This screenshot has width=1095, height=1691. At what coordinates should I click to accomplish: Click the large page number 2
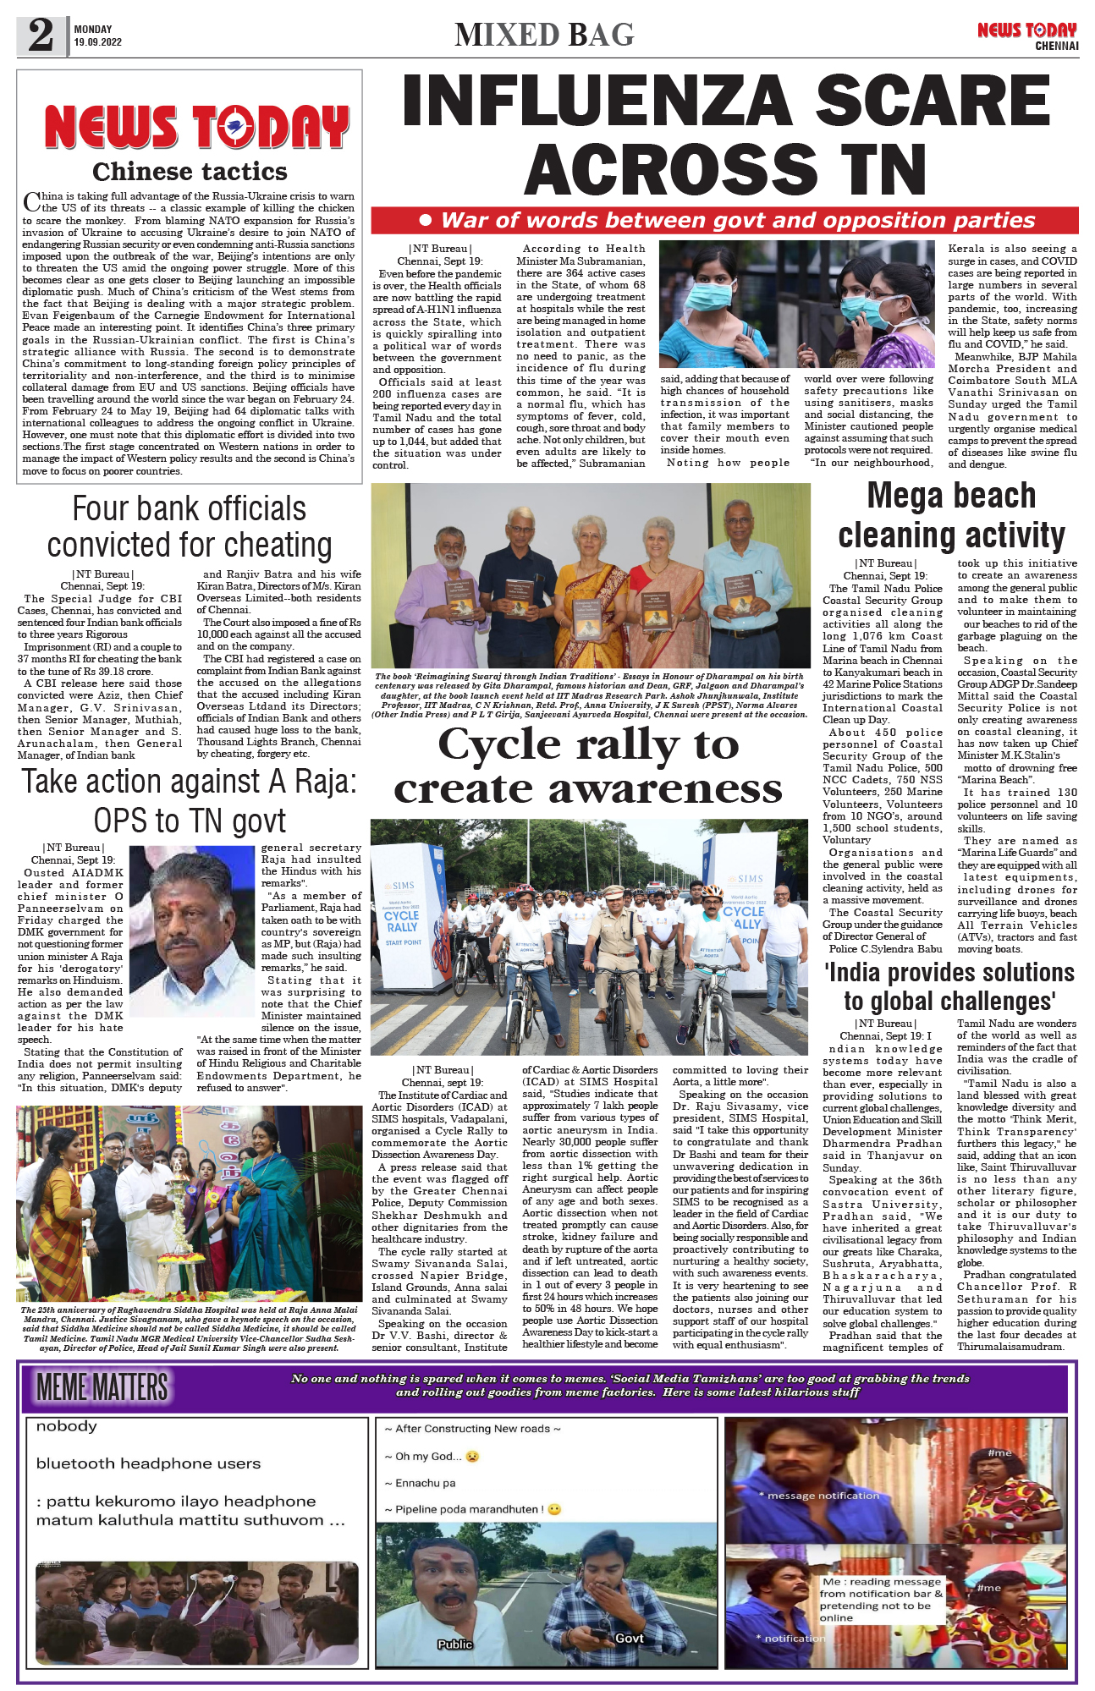click(x=41, y=36)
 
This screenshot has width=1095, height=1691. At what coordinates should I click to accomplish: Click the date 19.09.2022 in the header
click(x=97, y=42)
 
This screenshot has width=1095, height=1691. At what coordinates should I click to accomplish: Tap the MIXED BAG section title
click(x=544, y=36)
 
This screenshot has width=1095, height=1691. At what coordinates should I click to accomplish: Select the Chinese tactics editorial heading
click(x=190, y=172)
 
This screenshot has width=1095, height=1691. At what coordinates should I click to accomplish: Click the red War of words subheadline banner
click(x=724, y=221)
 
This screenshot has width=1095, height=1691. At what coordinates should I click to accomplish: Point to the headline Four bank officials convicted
click(x=190, y=526)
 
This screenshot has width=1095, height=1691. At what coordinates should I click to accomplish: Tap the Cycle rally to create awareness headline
click(x=588, y=766)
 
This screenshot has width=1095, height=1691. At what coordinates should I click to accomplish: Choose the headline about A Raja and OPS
click(x=190, y=800)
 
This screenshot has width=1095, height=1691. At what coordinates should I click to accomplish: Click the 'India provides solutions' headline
click(x=949, y=986)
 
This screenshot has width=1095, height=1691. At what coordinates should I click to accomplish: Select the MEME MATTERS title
click(x=102, y=1388)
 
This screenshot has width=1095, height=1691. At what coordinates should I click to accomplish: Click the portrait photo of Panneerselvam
click(x=192, y=920)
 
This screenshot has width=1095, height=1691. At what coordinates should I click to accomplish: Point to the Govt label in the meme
click(x=629, y=1639)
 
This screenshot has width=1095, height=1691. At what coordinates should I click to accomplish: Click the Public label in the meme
click(x=454, y=1644)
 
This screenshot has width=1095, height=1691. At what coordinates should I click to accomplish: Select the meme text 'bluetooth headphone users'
click(x=148, y=1464)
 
